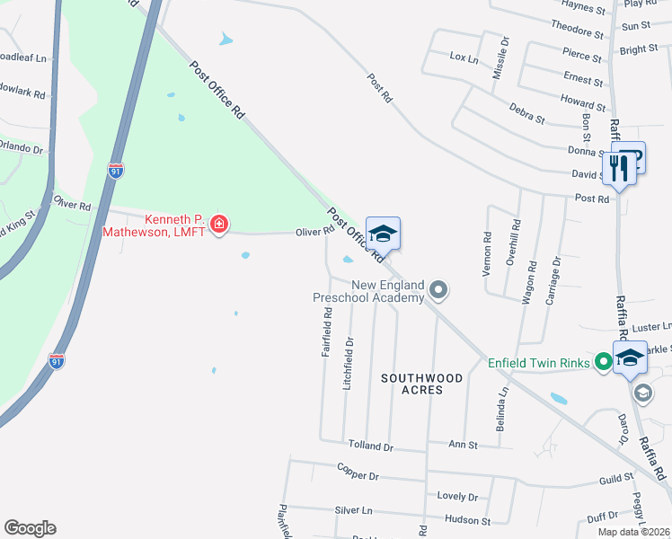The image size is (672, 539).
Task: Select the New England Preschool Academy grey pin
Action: [x=438, y=289]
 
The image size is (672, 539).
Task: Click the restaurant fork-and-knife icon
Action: [x=618, y=167]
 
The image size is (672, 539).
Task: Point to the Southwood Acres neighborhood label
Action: [x=421, y=384]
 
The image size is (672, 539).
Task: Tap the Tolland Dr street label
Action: [x=370, y=446]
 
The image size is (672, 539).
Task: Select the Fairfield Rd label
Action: [x=328, y=331]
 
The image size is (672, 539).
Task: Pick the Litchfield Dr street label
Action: [x=348, y=362]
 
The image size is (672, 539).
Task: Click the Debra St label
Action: [x=526, y=114]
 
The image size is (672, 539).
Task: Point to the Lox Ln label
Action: [x=464, y=57]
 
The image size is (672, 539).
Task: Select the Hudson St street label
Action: [x=467, y=520]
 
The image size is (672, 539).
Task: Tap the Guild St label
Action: [x=617, y=480]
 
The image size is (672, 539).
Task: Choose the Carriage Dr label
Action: [x=554, y=278]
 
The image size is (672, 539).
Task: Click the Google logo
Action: [x=30, y=528]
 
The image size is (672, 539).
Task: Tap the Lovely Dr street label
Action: [x=457, y=496]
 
